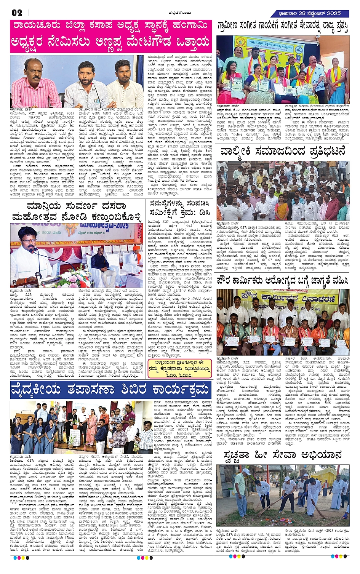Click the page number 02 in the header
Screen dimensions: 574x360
coord(17,13)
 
